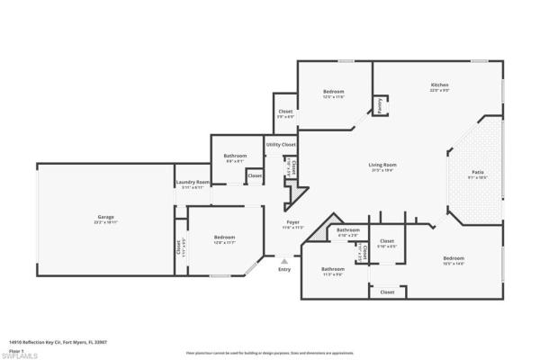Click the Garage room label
(x=105, y=217)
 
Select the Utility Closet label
(x=280, y=144)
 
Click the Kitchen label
(x=439, y=85)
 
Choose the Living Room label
(x=382, y=165)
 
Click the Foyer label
(x=293, y=221)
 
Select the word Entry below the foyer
(x=284, y=269)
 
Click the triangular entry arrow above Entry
(x=284, y=259)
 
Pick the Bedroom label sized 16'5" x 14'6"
(x=453, y=259)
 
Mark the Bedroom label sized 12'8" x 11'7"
(x=224, y=237)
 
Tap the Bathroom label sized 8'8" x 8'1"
(x=235, y=156)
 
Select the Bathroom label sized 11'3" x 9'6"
(x=333, y=268)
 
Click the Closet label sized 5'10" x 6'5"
(x=387, y=240)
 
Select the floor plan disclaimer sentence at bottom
(x=270, y=352)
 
